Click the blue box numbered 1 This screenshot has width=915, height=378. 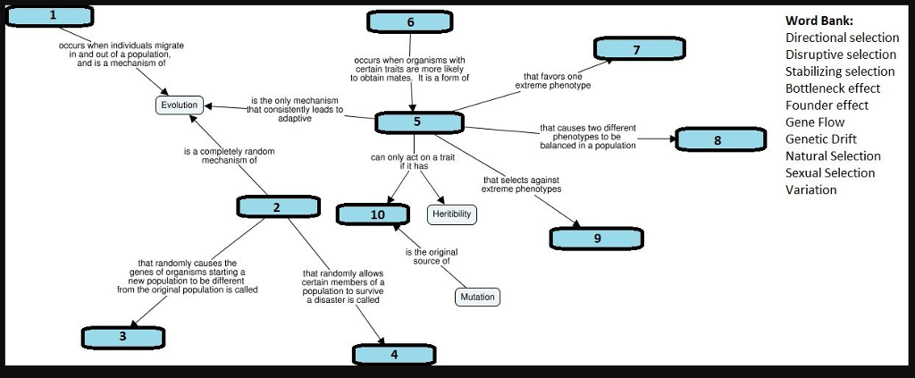pos(52,15)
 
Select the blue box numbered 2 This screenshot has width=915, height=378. pos(277,207)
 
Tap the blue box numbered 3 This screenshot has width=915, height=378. pos(122,337)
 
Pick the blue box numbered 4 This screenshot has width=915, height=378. pos(394,354)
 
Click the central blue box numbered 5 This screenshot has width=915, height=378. pos(417,122)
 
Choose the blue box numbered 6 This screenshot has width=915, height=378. pos(410,21)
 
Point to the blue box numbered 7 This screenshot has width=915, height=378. pos(636,50)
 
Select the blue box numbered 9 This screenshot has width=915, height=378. pos(597,238)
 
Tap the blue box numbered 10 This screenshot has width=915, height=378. pos(377,214)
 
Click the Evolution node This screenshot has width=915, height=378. pos(179,105)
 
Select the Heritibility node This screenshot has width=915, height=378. pos(452,214)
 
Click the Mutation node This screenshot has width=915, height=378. pos(477,297)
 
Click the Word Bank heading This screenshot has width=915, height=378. pos(818,21)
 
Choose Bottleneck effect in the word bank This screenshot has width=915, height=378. pos(832,88)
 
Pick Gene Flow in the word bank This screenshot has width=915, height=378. pos(814,122)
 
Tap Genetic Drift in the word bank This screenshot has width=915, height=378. pos(820,139)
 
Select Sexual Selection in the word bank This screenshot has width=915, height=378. pos(829,172)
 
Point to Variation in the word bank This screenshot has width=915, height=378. pos(810,189)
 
